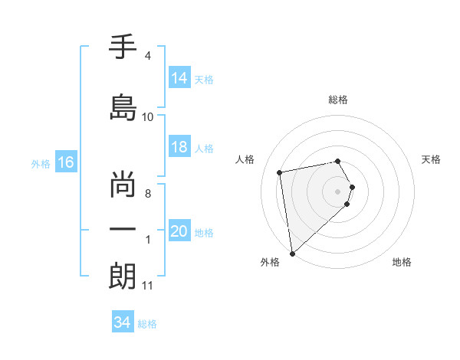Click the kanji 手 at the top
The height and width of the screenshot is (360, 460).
(x=123, y=47)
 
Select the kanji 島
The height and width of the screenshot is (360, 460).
(x=123, y=106)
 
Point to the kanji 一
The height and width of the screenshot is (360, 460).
(x=123, y=229)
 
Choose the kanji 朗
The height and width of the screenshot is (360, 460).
(x=123, y=277)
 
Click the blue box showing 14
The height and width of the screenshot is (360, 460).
(x=179, y=78)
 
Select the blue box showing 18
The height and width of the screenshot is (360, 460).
(x=179, y=148)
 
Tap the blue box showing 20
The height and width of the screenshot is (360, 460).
(x=179, y=231)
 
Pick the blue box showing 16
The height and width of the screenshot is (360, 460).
(x=65, y=162)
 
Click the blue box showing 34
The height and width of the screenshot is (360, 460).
(x=122, y=322)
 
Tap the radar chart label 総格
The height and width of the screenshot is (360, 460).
(x=338, y=100)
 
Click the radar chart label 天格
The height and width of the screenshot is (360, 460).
(x=432, y=159)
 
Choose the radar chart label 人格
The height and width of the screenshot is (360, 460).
(x=245, y=159)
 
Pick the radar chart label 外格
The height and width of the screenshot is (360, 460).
(x=270, y=262)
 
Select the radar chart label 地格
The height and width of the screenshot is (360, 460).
(x=402, y=262)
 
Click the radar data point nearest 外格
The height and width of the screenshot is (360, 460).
(x=292, y=253)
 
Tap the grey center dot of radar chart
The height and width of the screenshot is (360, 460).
(x=338, y=191)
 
